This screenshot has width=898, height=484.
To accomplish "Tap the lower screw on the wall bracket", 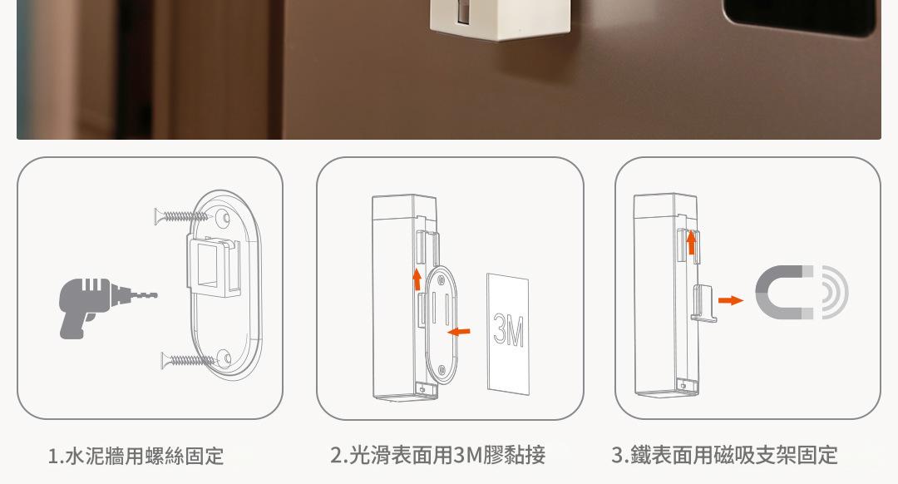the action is tap(188, 360).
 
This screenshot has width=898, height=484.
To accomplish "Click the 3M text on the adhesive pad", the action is tap(508, 330).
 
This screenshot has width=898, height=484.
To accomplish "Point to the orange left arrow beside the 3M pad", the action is tap(459, 331).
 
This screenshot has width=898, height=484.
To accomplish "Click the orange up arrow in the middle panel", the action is tap(417, 279).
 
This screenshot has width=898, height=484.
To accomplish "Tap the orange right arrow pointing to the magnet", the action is tap(731, 300).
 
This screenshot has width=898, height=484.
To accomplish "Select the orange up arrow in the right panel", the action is tap(691, 242).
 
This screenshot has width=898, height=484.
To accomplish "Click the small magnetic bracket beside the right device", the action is tap(704, 303).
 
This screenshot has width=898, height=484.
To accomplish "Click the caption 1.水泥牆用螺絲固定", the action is tap(136, 457).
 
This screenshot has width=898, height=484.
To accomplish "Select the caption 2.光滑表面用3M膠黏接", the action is tap(437, 456).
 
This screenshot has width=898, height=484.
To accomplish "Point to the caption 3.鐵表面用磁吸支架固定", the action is tap(724, 456).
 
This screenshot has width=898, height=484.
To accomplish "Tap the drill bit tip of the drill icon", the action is tap(155, 295).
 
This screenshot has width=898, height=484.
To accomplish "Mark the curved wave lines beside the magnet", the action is tap(836, 292).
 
